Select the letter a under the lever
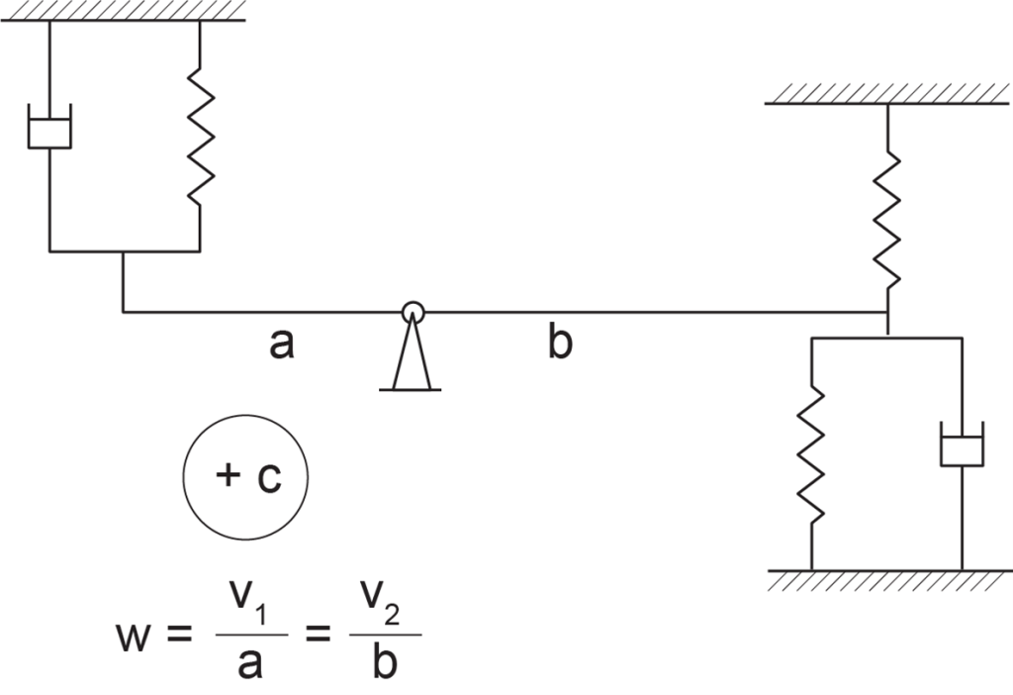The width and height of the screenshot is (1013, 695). pyautogui.click(x=282, y=344)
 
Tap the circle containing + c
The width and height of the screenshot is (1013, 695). pyautogui.click(x=245, y=416)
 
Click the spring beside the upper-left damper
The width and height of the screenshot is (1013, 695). pyautogui.click(x=200, y=136)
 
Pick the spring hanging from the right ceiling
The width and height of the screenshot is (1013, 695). pyautogui.click(x=887, y=220)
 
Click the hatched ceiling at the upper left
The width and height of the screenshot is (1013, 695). pyautogui.click(x=123, y=11)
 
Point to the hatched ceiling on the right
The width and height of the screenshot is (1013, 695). pyautogui.click(x=886, y=94)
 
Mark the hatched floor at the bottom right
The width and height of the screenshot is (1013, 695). pyautogui.click(x=890, y=580)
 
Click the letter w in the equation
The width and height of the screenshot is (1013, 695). pyautogui.click(x=134, y=637)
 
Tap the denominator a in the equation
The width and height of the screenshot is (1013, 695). pyautogui.click(x=250, y=663)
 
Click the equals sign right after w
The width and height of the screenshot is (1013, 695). pyautogui.click(x=179, y=635)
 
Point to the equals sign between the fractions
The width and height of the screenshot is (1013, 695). pyautogui.click(x=318, y=635)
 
